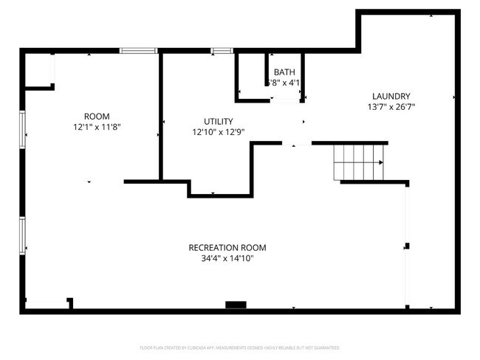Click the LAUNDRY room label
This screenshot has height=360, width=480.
click(391, 96)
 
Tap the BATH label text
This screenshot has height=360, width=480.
click(284, 72)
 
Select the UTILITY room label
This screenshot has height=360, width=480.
click(219, 122)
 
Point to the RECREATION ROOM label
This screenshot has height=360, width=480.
click(227, 248)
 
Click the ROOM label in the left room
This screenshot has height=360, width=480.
click(97, 117)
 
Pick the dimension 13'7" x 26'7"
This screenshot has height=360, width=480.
click(391, 107)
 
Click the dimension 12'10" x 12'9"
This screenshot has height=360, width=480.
click(219, 132)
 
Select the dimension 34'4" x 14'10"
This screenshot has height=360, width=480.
click(227, 258)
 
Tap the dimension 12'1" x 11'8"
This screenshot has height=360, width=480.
click(97, 127)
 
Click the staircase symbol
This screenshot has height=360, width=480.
click(359, 162)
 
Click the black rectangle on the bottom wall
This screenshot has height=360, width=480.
click(236, 304)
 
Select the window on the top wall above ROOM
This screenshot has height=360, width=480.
click(139, 50)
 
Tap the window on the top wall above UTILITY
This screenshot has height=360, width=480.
click(222, 50)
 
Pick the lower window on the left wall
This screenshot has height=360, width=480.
click(23, 235)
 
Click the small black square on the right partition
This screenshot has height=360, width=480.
click(407, 246)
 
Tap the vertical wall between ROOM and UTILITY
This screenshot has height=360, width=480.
click(160, 114)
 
